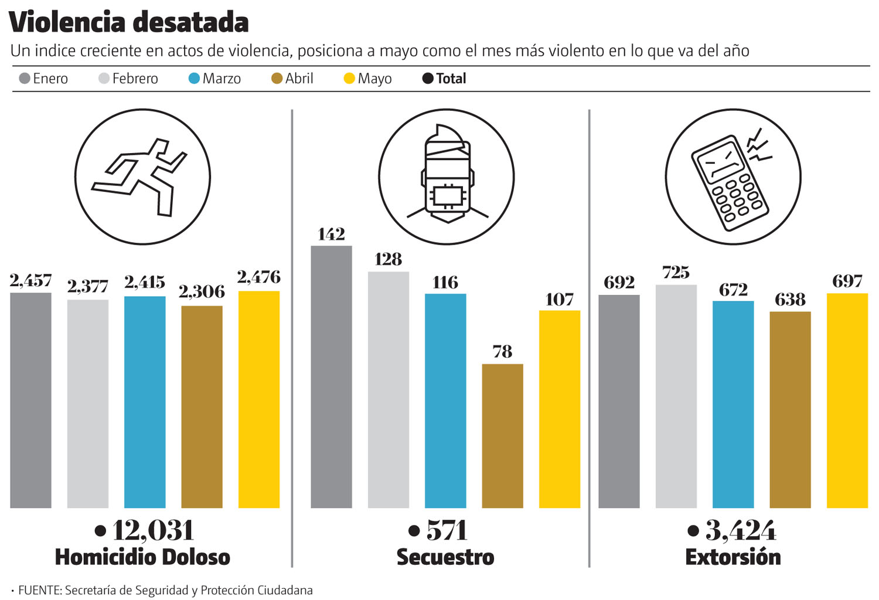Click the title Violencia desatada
tap(129, 22)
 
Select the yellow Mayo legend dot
tap(349, 79)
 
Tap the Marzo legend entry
tap(215, 79)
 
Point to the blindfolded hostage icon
tap(447, 176)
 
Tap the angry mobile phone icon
tap(732, 177)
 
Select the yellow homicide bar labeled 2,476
tap(259, 399)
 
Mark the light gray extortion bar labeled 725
tap(676, 396)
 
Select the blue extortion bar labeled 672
tap(733, 404)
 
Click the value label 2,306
tap(202, 291)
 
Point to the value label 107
tap(559, 300)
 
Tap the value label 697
tap(847, 282)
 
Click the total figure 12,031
tap(152, 531)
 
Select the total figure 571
tap(447, 531)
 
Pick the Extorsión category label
tap(732, 557)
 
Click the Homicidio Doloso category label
tap(142, 557)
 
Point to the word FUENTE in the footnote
tap(40, 590)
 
